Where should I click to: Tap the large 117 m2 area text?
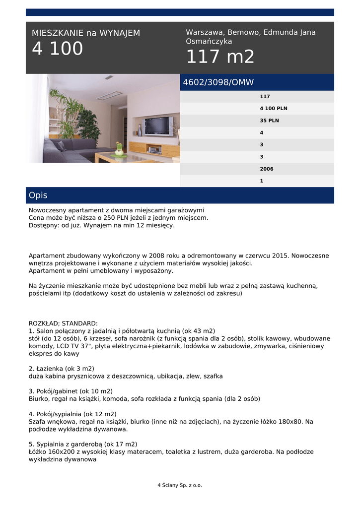(220, 57)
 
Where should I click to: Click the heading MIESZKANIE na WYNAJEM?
(86, 33)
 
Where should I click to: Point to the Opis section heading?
(38, 195)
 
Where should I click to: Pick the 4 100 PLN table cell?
(273, 109)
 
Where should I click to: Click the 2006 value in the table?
(266, 169)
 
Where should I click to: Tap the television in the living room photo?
(158, 126)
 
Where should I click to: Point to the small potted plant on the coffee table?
(119, 149)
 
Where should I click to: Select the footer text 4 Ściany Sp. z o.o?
(180, 485)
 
